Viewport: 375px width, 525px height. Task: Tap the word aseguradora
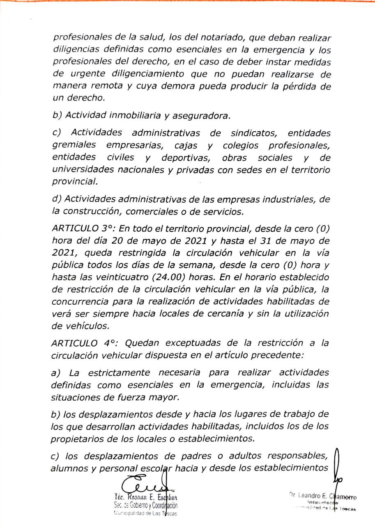(x=201, y=116)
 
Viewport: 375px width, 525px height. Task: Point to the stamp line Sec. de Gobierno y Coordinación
(x=146, y=506)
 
